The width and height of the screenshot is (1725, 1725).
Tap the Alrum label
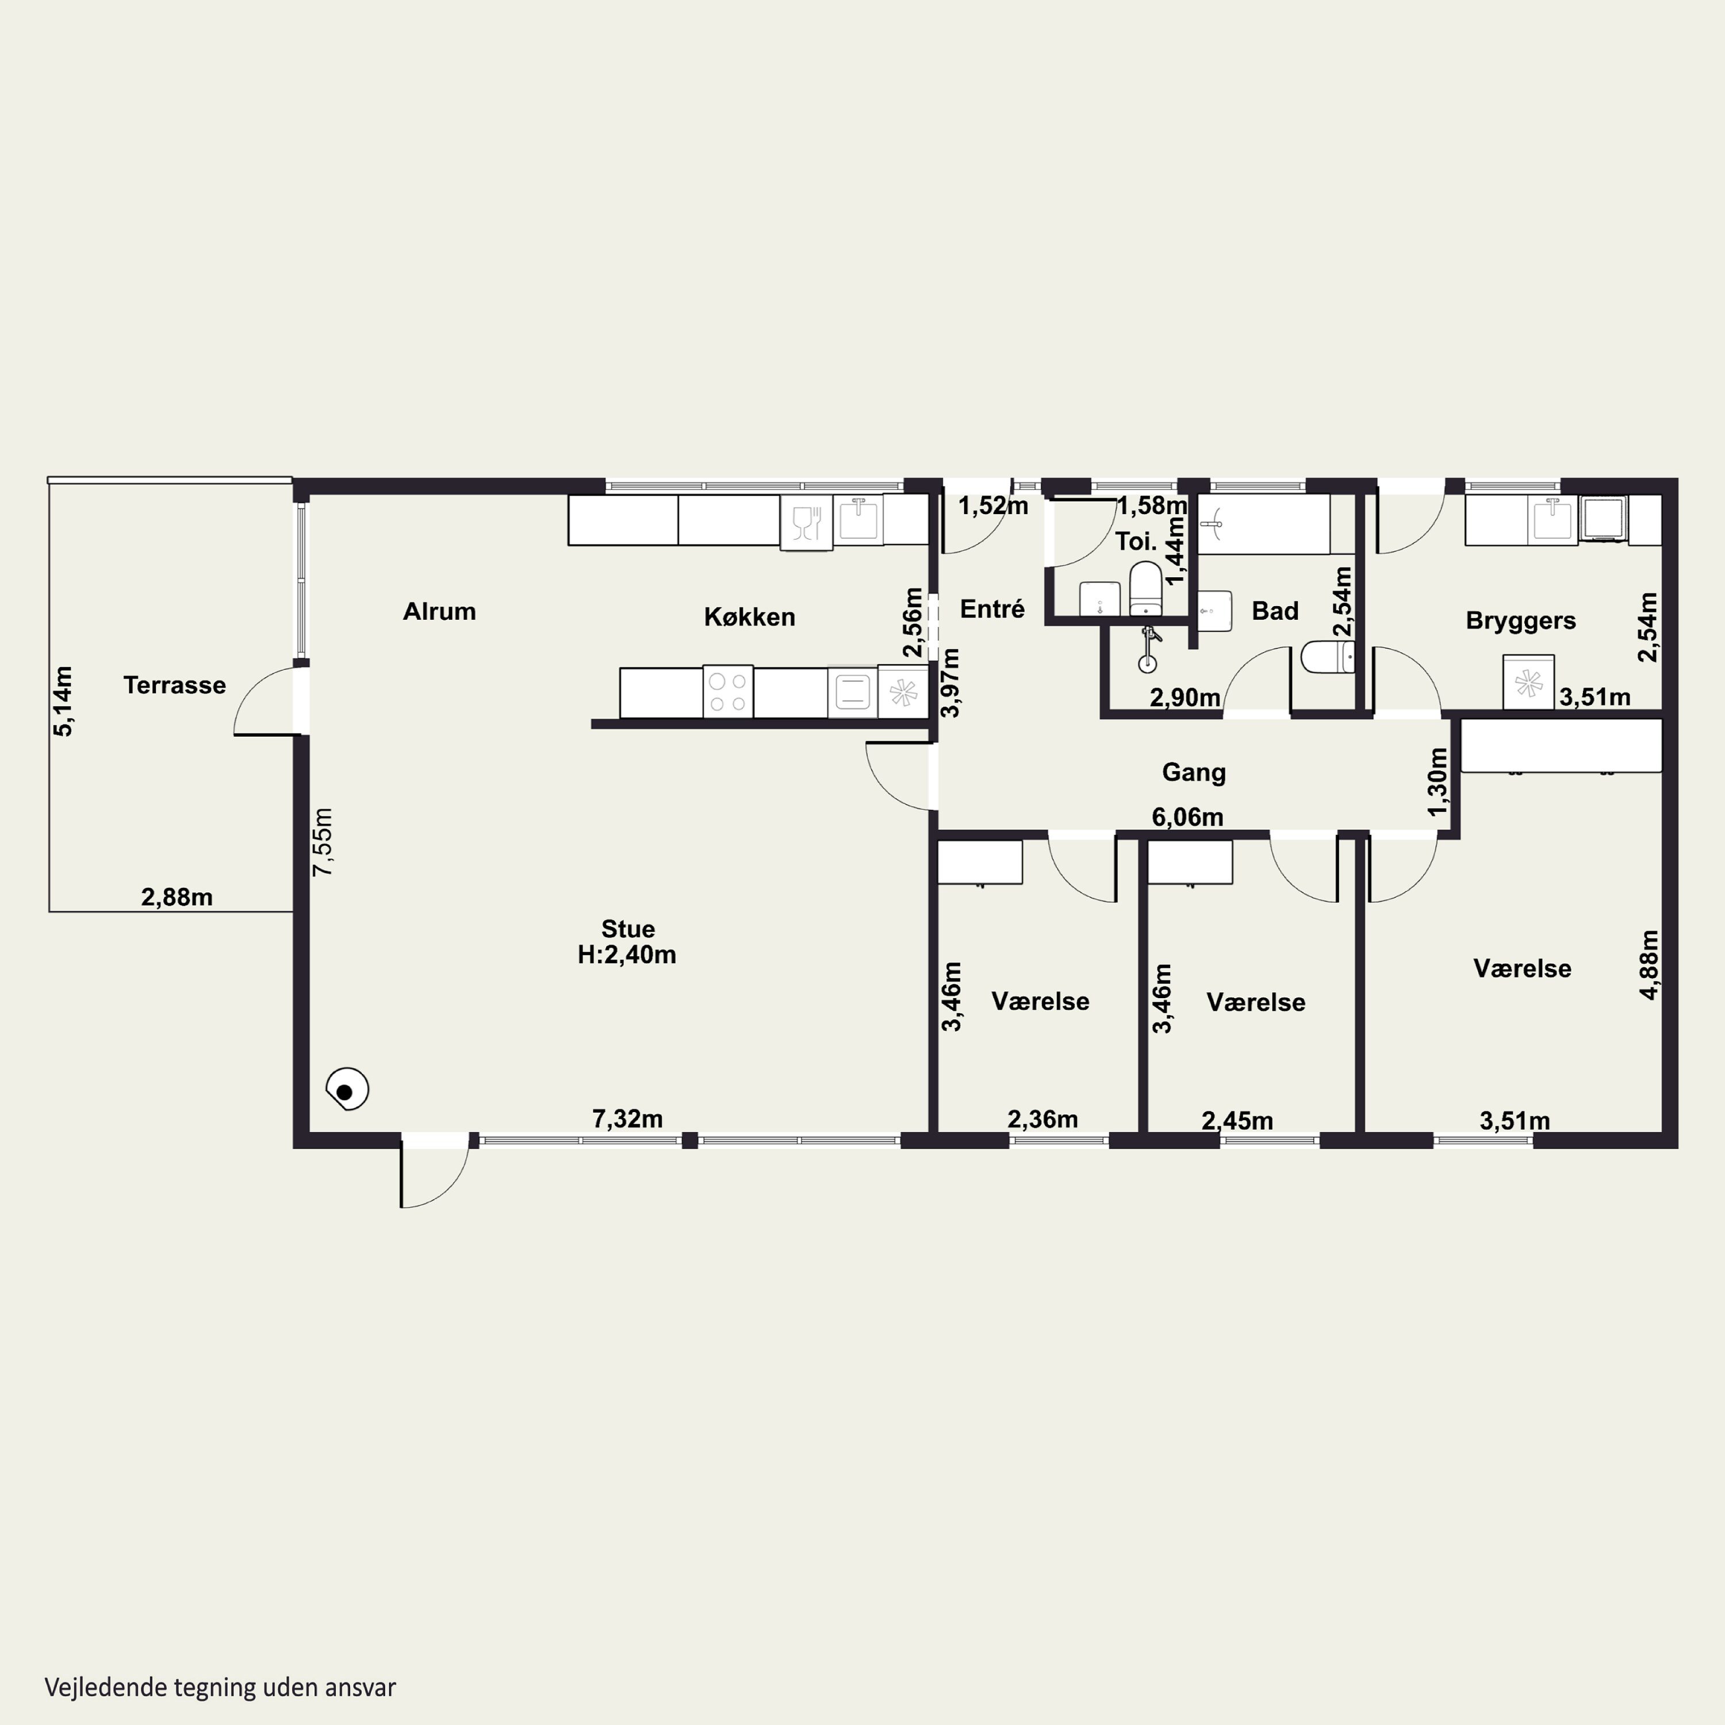click(439, 612)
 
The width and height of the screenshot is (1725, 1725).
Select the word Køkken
click(749, 617)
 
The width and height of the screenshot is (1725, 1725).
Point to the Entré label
click(992, 609)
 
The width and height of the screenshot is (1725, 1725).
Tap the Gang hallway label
click(1194, 772)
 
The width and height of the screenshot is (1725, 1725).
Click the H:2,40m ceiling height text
click(627, 954)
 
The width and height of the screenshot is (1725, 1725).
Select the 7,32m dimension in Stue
click(628, 1119)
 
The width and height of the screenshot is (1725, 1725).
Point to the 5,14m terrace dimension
click(63, 701)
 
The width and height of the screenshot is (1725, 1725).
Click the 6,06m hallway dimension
click(1187, 817)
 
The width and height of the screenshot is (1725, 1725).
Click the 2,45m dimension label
click(1237, 1121)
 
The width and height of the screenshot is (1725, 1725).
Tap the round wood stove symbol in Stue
click(347, 1089)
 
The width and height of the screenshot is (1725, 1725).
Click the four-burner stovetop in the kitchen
click(728, 692)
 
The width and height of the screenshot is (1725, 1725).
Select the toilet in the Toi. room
click(1145, 589)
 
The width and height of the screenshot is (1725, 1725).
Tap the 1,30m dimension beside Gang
click(1437, 781)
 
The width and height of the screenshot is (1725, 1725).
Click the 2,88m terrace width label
click(177, 898)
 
